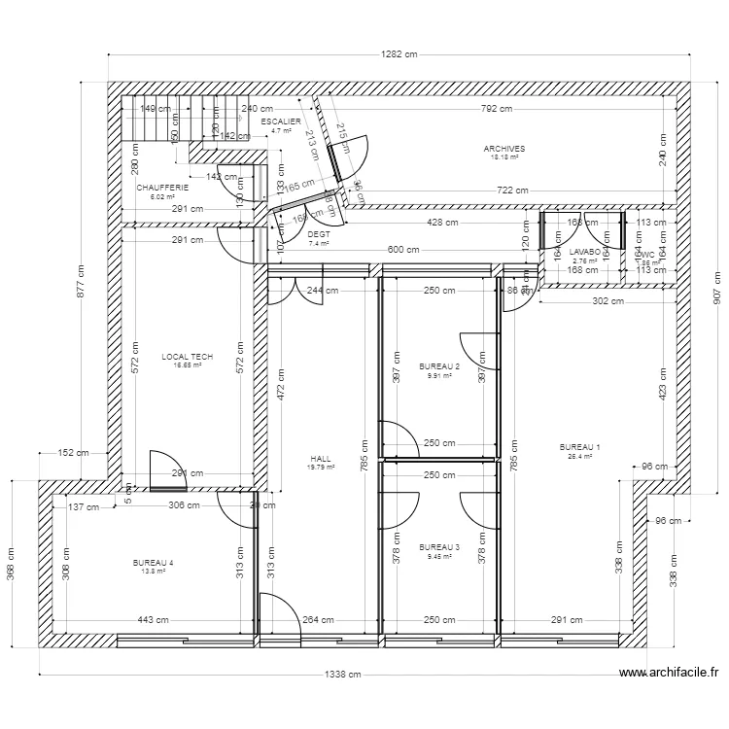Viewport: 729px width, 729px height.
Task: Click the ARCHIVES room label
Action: [x=503, y=149]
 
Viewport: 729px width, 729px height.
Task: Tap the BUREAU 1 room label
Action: [x=580, y=447]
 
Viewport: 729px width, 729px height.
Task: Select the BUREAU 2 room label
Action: [x=439, y=366]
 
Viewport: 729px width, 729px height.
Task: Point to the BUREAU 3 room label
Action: [x=439, y=547]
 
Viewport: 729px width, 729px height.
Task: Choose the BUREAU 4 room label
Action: [x=154, y=563]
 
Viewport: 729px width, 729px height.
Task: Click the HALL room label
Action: [x=321, y=459]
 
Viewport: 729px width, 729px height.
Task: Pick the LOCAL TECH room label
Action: [x=187, y=357]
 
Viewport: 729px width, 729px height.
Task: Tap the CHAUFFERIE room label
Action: [x=156, y=188]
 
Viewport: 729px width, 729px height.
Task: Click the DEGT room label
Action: [x=319, y=235]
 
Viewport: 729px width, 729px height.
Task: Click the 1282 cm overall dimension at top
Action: [x=399, y=55]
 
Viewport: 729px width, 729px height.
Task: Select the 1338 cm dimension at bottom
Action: [x=343, y=675]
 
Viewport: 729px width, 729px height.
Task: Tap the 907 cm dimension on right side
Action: [x=716, y=288]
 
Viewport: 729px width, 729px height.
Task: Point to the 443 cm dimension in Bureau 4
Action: [x=153, y=619]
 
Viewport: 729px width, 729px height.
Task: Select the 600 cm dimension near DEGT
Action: [x=402, y=250]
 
